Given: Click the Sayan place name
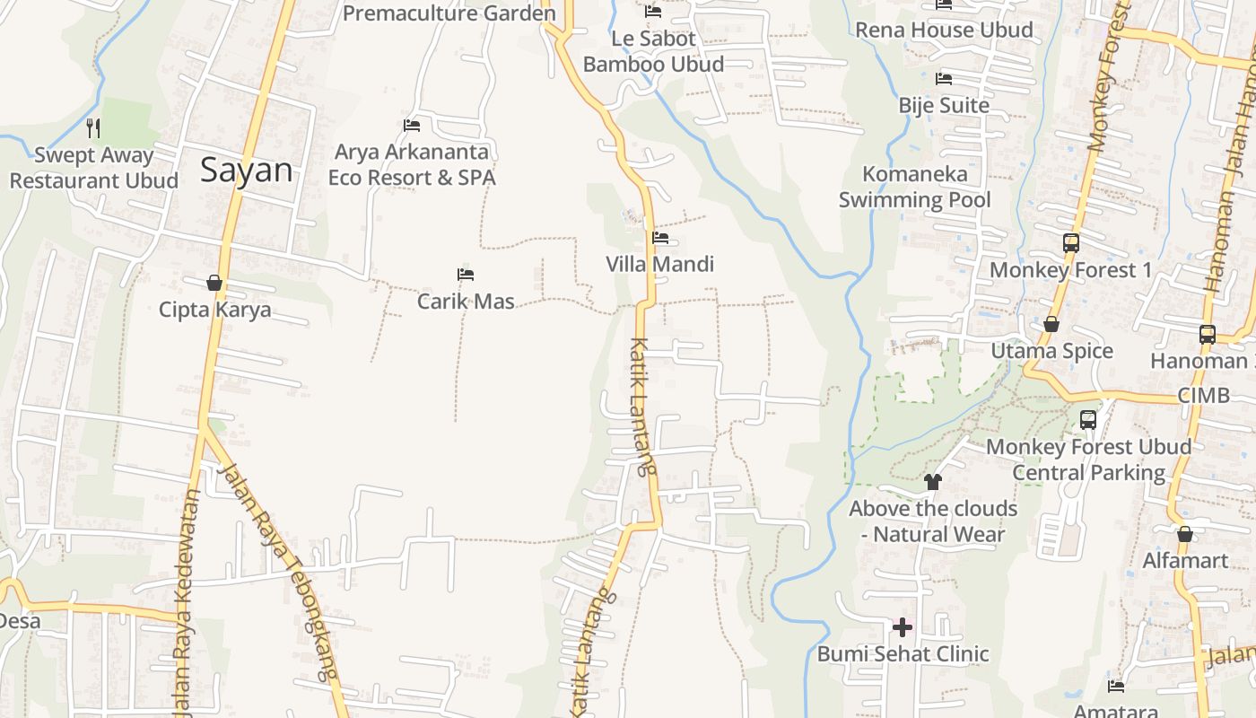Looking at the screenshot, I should (x=246, y=170).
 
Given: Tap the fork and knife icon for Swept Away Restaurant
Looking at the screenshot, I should (x=93, y=128).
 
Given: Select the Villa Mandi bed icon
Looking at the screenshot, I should (x=660, y=238).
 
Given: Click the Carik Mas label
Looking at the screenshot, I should (x=466, y=301).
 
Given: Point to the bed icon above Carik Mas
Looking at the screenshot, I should (x=465, y=275).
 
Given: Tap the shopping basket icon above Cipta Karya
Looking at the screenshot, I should (x=214, y=284).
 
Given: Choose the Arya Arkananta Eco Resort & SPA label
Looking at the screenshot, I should (x=412, y=164).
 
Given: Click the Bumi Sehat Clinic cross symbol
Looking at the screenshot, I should (x=903, y=627).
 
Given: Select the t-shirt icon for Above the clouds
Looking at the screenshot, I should (x=933, y=482).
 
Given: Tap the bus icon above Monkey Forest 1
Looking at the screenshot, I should (x=1070, y=242).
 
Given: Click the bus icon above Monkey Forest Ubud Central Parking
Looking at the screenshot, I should (x=1088, y=419).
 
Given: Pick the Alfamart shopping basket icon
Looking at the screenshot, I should (x=1185, y=534).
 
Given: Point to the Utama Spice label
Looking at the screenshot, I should (x=1051, y=351).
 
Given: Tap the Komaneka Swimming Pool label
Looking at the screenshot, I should (x=915, y=187).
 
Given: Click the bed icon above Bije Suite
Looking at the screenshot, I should (x=943, y=79).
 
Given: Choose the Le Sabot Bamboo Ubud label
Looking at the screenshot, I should (x=653, y=51).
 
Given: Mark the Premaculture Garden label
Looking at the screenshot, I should (x=449, y=13).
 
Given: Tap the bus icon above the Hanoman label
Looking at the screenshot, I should (x=1207, y=335).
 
